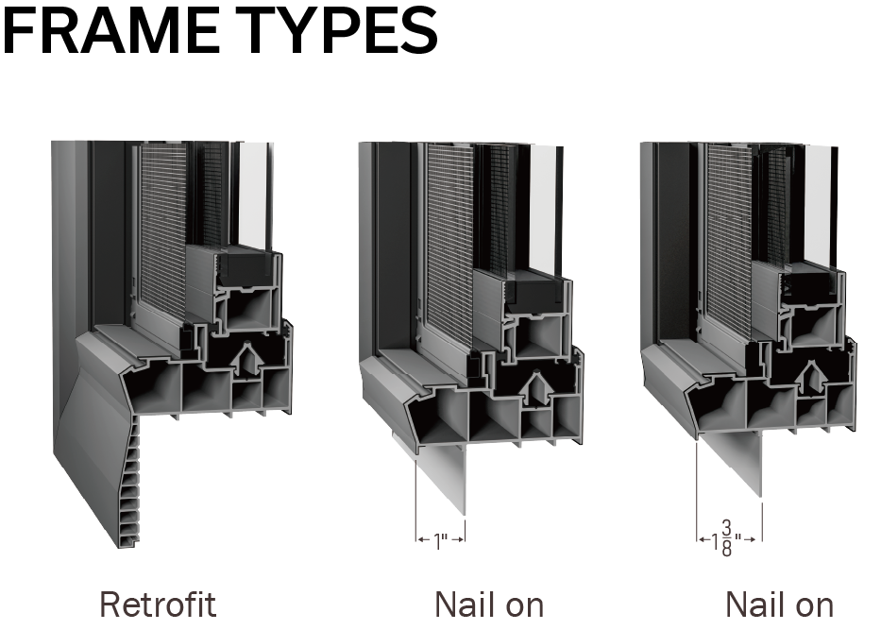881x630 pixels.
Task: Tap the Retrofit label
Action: pyautogui.click(x=158, y=604)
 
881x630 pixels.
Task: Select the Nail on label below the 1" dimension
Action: pyautogui.click(x=489, y=604)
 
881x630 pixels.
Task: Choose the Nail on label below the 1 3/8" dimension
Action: pyautogui.click(x=779, y=604)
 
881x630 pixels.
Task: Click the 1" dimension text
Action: pyautogui.click(x=441, y=541)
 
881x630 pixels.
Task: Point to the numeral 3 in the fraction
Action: pyautogui.click(x=726, y=528)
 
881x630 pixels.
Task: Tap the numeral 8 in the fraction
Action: pyautogui.click(x=726, y=549)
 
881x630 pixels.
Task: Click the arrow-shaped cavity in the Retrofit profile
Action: pyautogui.click(x=246, y=359)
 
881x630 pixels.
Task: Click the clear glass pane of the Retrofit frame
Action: pyautogui.click(x=253, y=195)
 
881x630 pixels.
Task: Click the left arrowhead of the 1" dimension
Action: pyautogui.click(x=420, y=539)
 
